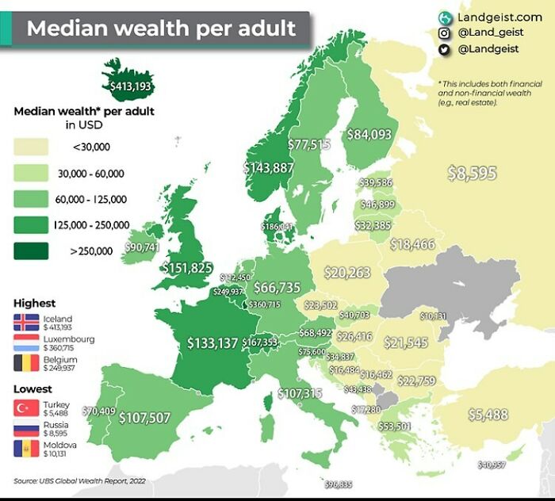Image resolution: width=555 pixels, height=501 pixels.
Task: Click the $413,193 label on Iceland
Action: click(x=130, y=86)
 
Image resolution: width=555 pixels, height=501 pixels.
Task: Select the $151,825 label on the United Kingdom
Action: click(x=187, y=267)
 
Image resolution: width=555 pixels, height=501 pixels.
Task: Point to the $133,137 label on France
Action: click(x=212, y=342)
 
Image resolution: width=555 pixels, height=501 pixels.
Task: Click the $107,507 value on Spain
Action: click(x=144, y=418)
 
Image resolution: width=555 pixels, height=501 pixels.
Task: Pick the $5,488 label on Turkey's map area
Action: click(x=488, y=414)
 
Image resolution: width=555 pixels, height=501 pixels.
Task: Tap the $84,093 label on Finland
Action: click(x=369, y=135)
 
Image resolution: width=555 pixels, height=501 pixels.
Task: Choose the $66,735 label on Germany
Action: click(x=277, y=287)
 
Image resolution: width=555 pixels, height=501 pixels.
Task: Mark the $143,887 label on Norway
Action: click(x=268, y=168)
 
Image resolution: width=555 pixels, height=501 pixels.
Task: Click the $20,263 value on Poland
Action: click(x=347, y=273)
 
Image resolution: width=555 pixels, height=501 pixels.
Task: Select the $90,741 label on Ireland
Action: click(x=143, y=248)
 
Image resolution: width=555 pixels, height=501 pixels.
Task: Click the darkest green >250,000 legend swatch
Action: click(x=31, y=251)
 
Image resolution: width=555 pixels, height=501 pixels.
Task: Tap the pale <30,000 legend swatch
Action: click(x=31, y=146)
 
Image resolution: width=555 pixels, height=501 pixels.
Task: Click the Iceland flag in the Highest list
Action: click(x=26, y=323)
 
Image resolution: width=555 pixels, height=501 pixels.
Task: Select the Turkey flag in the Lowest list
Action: click(x=26, y=409)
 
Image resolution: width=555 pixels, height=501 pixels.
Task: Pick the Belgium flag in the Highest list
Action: click(x=26, y=363)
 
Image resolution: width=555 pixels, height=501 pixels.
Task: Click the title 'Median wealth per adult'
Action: click(x=161, y=29)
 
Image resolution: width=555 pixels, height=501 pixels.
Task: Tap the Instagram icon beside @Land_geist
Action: click(x=445, y=33)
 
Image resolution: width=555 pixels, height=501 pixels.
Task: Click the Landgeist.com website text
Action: click(x=499, y=17)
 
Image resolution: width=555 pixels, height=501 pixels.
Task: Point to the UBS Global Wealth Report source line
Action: click(x=79, y=480)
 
